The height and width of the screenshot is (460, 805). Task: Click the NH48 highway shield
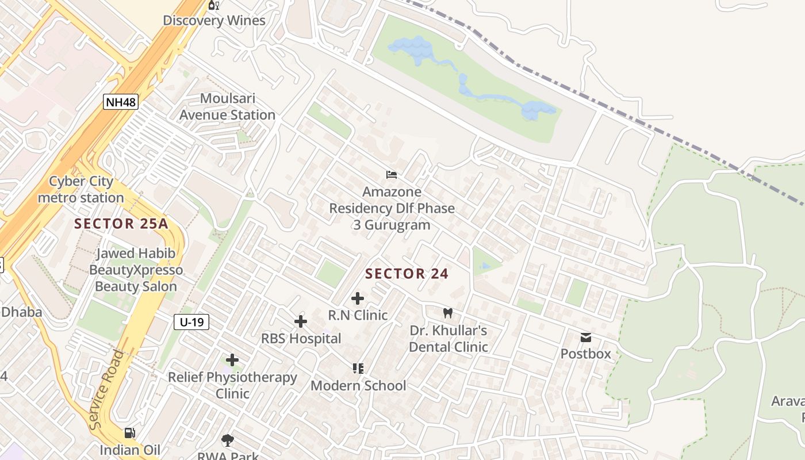pos(121,102)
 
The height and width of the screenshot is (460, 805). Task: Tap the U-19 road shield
pos(191,322)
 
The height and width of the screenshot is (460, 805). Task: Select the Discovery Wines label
pos(214,21)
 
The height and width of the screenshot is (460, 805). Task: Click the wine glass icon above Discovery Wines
pos(214,5)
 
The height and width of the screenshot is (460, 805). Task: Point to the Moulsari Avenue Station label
pos(227,107)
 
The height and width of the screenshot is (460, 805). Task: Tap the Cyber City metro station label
pos(80,190)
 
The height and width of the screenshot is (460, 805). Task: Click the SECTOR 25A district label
pos(121,224)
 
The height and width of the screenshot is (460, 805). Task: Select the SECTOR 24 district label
pos(407,274)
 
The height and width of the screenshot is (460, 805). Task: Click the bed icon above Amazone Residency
pos(392,174)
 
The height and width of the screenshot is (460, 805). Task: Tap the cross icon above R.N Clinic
pos(358,298)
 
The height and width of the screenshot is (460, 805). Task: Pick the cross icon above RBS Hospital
pos(301,321)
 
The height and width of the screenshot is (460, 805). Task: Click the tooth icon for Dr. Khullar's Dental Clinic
pos(448,313)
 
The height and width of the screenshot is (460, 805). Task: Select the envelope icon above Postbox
pos(585,337)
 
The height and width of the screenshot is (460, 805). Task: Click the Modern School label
pos(358,385)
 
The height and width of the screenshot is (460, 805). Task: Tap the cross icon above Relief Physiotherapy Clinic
pos(232,361)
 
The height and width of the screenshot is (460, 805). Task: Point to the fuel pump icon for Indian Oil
pos(131,433)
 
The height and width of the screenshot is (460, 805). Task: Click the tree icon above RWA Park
pos(228,440)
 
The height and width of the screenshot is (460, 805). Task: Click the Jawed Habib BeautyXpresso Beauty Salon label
pos(136,270)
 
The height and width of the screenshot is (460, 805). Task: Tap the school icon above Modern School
pos(358,369)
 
